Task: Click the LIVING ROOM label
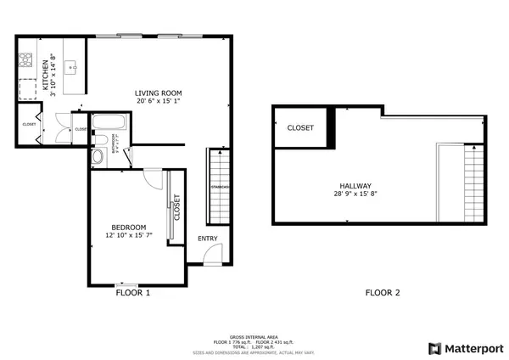tap(159, 93)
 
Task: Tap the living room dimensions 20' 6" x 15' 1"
tap(159, 101)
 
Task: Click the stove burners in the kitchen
tap(25, 61)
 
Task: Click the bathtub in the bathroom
tap(107, 121)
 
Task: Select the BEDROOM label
tap(129, 227)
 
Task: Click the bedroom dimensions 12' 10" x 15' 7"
tap(129, 236)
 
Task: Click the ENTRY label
tap(208, 239)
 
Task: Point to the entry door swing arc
tap(215, 252)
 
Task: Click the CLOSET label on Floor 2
tap(300, 128)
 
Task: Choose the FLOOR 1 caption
tap(132, 293)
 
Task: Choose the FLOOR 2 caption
tap(383, 293)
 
